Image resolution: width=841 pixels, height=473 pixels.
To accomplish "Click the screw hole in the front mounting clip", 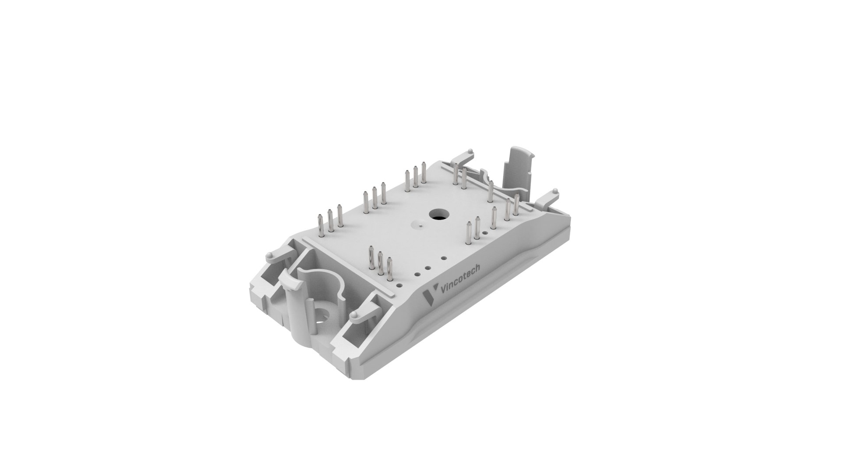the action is [x=323, y=315].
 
